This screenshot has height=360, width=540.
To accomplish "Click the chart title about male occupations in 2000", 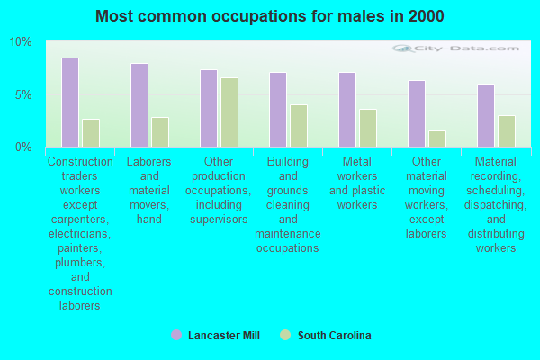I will click(269, 16).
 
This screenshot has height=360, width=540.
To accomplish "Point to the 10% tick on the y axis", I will click(21, 42).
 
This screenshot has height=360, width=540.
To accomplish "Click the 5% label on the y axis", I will click(23, 94).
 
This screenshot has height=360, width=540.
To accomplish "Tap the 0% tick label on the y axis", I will click(23, 147).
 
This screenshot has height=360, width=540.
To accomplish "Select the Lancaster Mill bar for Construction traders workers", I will click(70, 103).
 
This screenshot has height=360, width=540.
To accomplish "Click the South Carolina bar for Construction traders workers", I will click(91, 133).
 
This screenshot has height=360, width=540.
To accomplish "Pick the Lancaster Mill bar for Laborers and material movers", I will click(139, 105).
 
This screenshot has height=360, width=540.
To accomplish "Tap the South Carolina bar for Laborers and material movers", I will click(160, 132).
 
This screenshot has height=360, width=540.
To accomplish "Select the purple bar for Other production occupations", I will click(209, 108).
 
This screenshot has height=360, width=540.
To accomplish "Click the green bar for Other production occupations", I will click(229, 112).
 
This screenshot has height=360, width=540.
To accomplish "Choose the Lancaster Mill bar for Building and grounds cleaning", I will click(278, 110).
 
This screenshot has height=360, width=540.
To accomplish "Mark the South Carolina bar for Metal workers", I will click(368, 128).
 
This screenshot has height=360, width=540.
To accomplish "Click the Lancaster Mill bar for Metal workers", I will click(347, 110).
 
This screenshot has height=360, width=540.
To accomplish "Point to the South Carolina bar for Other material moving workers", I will click(437, 139).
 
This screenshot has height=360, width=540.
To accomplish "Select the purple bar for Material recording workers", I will click(486, 115).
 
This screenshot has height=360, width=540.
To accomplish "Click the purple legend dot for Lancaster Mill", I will click(176, 336).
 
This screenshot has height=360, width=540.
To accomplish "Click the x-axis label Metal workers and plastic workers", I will click(357, 184).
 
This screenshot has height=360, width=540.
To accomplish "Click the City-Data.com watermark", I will click(460, 51).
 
